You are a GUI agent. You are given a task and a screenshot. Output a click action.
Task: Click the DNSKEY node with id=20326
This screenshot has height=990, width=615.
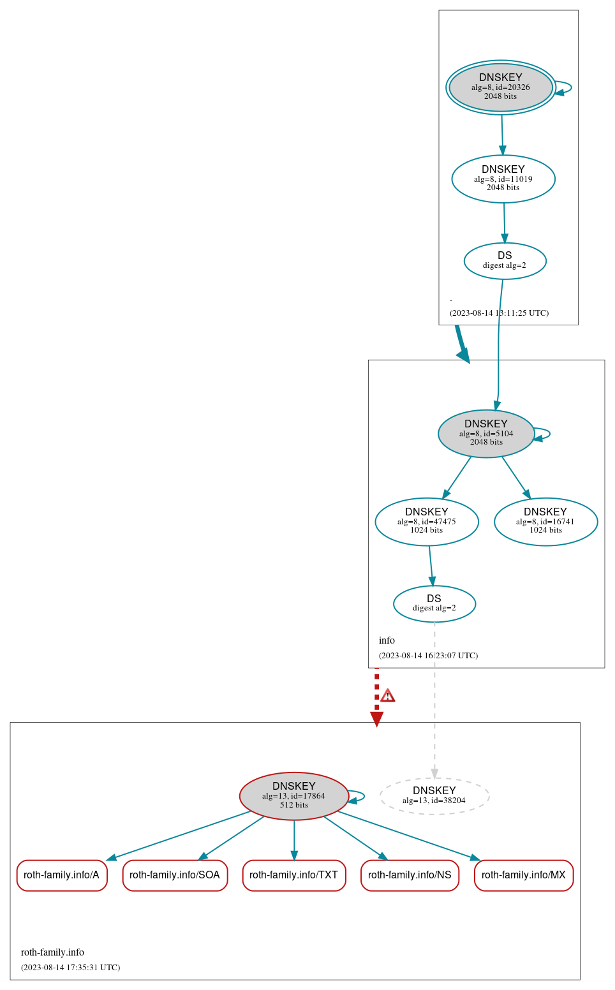(501, 87)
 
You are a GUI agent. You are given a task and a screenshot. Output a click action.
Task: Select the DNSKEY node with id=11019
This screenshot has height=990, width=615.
(503, 179)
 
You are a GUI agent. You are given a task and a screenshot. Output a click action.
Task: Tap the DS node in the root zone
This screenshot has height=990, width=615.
(505, 261)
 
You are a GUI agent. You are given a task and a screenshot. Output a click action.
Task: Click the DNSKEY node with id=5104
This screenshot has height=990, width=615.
(486, 434)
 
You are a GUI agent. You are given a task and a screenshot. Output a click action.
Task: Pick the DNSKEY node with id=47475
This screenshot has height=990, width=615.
(427, 522)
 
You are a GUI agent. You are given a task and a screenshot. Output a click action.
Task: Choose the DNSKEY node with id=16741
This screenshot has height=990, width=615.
(545, 522)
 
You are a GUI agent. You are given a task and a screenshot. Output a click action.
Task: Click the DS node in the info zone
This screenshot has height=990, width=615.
(434, 603)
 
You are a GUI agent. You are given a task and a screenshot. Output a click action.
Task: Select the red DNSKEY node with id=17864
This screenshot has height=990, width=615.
(294, 796)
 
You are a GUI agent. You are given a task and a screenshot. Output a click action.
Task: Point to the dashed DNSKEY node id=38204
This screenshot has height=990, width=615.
(434, 796)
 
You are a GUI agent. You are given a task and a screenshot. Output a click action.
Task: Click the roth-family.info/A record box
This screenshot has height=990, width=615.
(62, 875)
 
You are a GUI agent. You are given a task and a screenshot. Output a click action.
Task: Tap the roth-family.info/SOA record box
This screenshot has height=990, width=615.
(175, 875)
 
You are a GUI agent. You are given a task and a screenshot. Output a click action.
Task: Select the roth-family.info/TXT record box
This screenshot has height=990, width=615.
(294, 875)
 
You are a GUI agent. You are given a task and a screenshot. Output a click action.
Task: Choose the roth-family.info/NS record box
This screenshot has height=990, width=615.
(410, 875)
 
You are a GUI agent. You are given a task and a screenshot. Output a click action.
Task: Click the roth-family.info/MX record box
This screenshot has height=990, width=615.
(524, 875)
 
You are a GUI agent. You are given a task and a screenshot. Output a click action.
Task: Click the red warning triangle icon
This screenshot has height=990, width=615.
(387, 695)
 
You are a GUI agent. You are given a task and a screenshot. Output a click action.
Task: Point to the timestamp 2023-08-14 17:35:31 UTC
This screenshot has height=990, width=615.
(70, 968)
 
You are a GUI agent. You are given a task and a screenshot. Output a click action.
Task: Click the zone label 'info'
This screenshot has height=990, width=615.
(387, 640)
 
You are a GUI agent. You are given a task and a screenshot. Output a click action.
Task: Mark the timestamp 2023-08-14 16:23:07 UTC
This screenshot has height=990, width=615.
(428, 656)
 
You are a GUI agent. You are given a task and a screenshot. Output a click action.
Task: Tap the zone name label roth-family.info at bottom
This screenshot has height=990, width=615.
(52, 952)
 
